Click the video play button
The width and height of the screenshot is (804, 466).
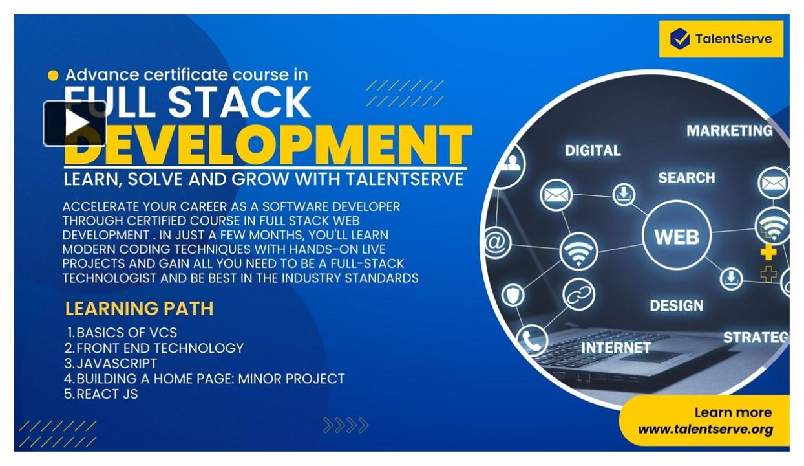click(75, 123)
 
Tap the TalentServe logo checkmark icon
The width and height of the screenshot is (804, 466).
click(679, 39)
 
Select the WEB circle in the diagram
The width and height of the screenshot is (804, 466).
click(677, 236)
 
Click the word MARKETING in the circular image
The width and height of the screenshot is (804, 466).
click(729, 131)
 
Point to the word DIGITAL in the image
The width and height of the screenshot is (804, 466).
click(593, 150)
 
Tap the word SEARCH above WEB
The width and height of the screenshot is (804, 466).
click(686, 177)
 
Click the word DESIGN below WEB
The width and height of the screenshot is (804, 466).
click(676, 305)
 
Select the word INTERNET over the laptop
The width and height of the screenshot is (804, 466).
click(615, 348)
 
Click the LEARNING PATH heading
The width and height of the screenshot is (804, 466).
click(139, 309)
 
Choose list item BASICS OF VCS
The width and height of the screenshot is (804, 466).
click(126, 333)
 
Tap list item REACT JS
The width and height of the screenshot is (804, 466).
click(107, 394)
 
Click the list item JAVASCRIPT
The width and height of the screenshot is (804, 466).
click(116, 363)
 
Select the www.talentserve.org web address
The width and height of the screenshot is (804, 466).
click(705, 429)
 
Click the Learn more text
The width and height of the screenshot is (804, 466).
click(732, 412)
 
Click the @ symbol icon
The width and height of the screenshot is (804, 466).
click(496, 243)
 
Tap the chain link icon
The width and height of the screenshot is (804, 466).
click(579, 294)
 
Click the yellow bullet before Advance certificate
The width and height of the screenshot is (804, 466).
click(53, 76)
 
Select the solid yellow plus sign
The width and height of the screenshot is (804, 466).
click(768, 252)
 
